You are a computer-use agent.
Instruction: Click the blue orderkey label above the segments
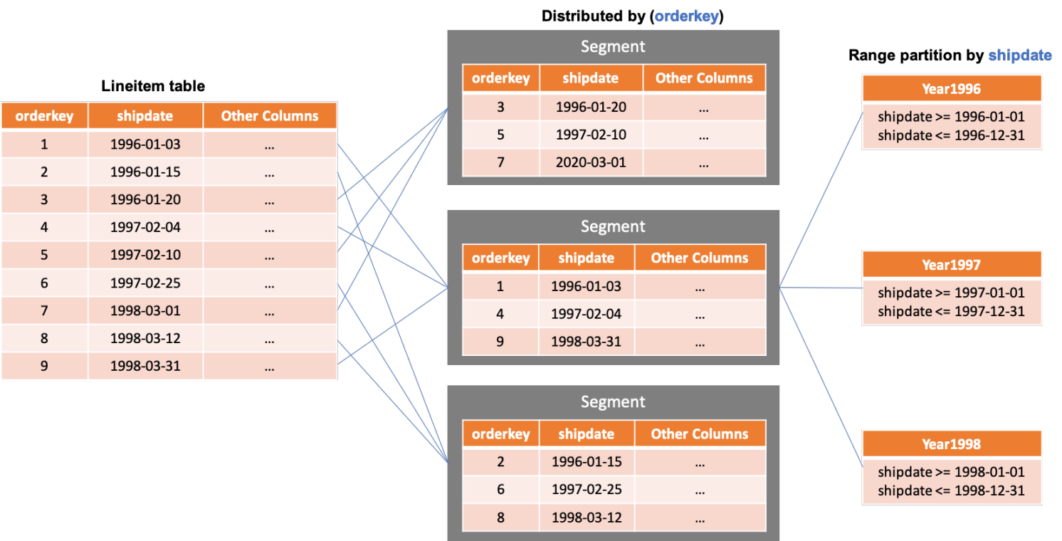[686, 16]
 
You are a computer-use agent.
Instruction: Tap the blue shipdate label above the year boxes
[1019, 56]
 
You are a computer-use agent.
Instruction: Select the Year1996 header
[951, 89]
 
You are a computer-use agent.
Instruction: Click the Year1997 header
[951, 265]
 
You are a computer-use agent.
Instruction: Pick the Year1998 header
[951, 444]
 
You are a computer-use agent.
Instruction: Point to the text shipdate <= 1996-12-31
[951, 135]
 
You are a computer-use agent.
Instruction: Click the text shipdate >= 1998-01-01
[951, 472]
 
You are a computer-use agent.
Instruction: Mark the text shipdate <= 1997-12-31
[951, 311]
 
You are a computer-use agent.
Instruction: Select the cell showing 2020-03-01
[591, 162]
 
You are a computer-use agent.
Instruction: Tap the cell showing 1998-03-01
[145, 311]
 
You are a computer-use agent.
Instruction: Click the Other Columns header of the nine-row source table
[270, 116]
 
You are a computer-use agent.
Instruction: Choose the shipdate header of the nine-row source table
[145, 116]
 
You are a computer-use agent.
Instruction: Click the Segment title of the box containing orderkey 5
[613, 47]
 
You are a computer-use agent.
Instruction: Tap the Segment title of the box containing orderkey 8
[613, 402]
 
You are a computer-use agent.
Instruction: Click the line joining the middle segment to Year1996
[821, 201]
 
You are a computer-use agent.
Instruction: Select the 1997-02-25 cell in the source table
[145, 283]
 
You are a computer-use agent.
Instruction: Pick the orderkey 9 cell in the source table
[44, 367]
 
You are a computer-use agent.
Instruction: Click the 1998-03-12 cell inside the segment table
[587, 518]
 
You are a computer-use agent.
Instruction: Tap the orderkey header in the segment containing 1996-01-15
[500, 434]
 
